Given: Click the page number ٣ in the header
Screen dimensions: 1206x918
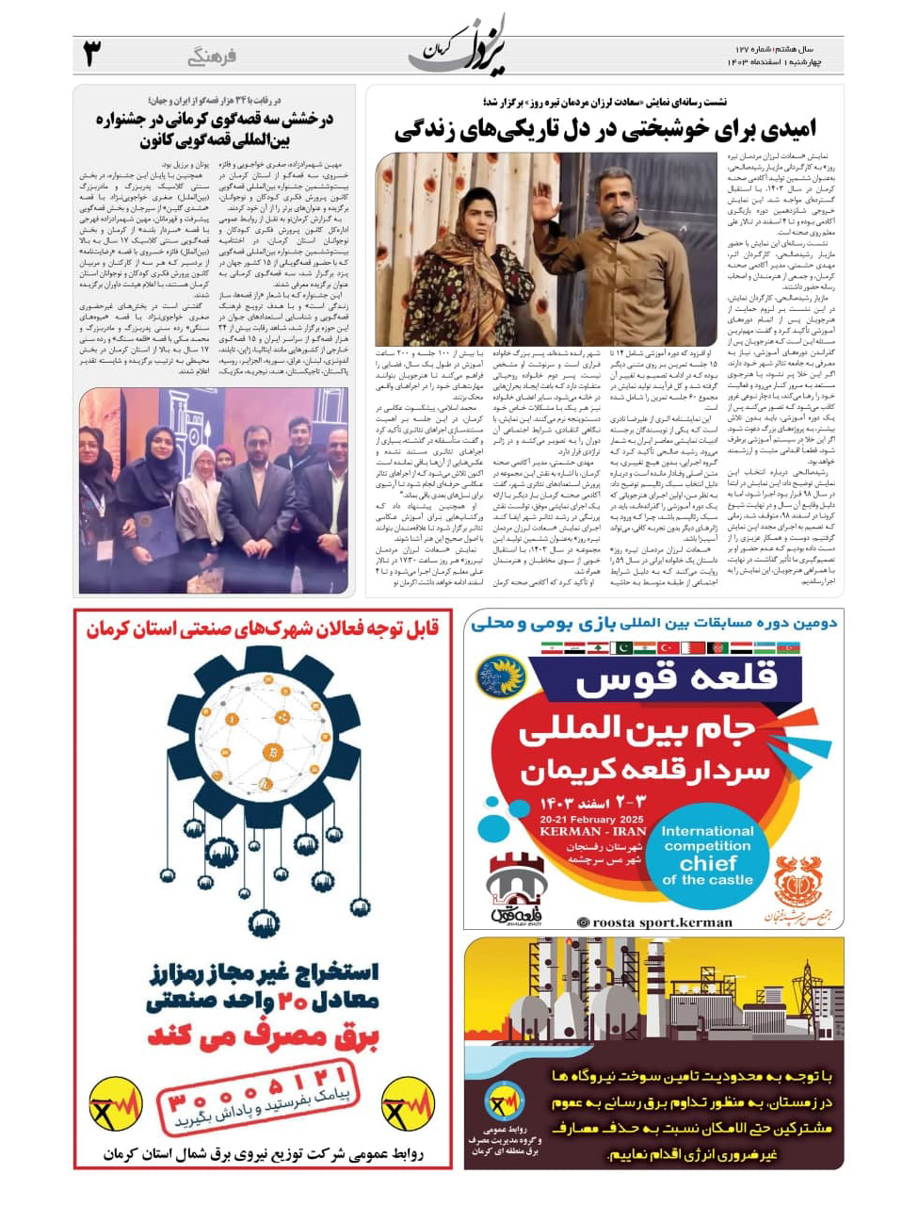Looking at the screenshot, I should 91,54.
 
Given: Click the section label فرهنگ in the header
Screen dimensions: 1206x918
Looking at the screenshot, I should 211,57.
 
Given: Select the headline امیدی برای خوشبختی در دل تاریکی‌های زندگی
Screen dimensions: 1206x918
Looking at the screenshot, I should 604,127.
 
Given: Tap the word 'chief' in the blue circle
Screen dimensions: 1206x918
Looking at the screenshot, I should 707,862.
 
